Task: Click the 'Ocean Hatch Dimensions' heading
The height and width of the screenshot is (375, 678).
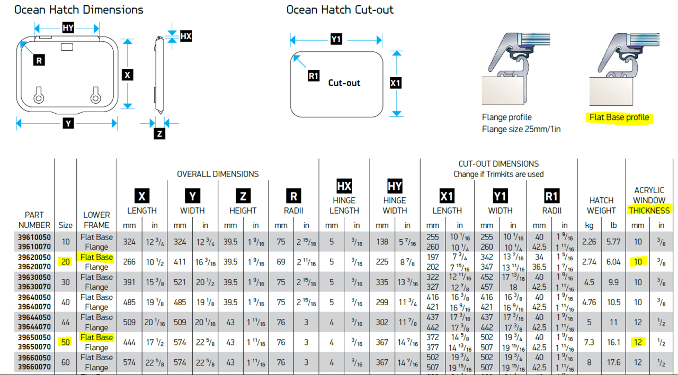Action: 78,10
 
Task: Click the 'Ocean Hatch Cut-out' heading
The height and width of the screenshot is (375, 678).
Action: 340,10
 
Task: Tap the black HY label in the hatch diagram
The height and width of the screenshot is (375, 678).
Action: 68,28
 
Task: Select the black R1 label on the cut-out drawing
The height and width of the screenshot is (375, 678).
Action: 314,76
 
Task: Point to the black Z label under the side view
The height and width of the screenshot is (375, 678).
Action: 159,134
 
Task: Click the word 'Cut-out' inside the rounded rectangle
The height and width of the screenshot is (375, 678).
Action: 344,83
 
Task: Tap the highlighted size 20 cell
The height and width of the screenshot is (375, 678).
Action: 66,262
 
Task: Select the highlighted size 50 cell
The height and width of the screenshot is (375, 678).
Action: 66,342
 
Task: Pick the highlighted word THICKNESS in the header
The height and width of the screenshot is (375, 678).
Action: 649,211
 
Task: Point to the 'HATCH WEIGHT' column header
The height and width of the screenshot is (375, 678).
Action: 601,205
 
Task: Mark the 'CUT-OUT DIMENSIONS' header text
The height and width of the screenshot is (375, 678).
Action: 498,164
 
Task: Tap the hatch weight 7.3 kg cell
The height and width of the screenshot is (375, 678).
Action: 589,342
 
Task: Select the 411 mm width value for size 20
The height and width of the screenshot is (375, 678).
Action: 180,262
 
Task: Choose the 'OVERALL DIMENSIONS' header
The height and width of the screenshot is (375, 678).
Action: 218,174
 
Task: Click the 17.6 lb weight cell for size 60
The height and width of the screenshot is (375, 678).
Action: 613,362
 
